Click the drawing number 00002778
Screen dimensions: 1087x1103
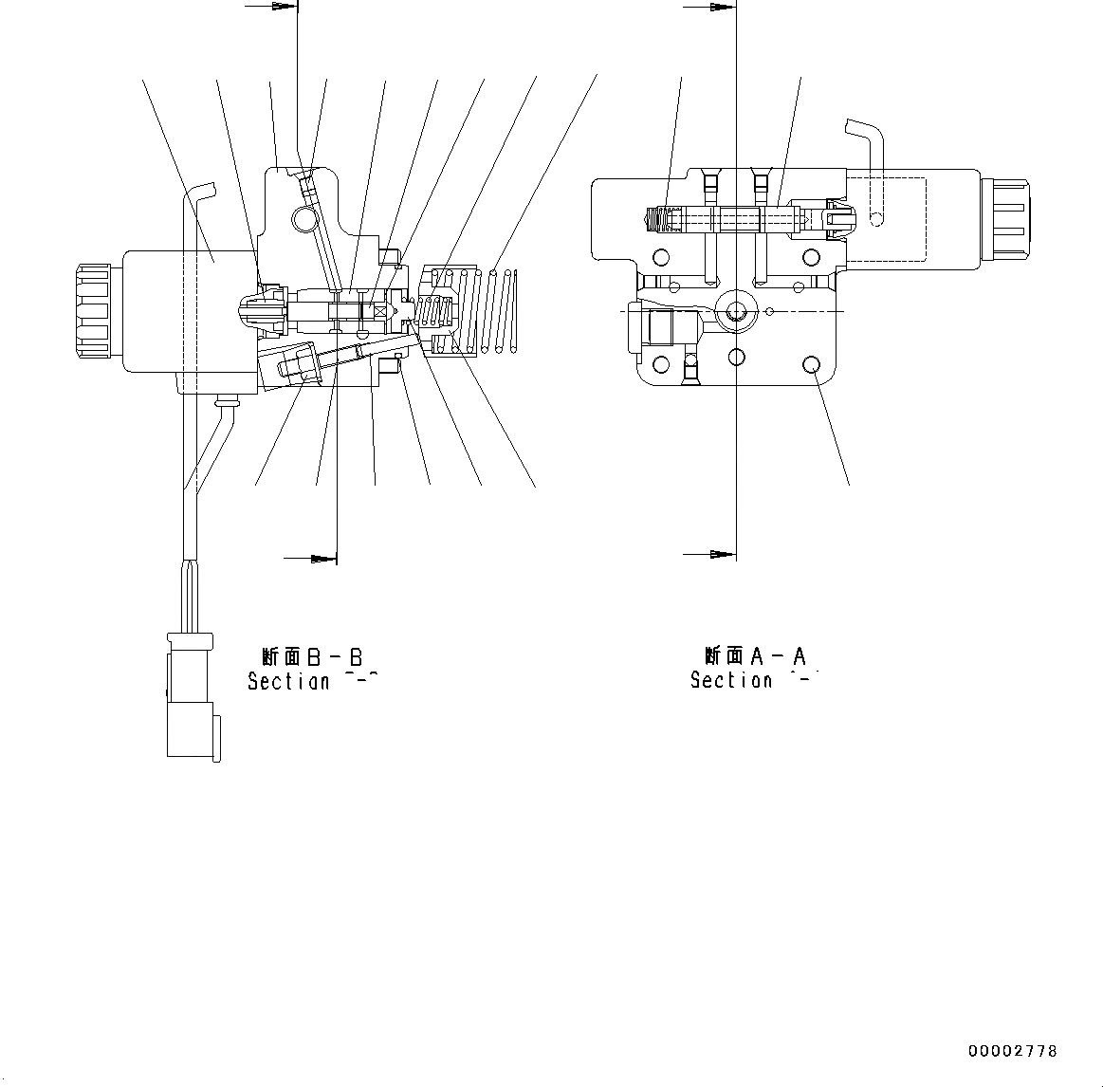[x=1012, y=1051]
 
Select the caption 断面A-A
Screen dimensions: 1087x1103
[x=755, y=656]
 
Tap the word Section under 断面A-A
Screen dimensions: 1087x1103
[x=731, y=680]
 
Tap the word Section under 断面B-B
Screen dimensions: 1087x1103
[x=288, y=681]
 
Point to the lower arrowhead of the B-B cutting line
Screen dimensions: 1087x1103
[x=323, y=558]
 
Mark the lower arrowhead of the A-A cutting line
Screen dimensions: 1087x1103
[x=722, y=553]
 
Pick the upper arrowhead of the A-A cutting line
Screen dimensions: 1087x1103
[x=722, y=8]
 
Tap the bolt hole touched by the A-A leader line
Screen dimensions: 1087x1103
[x=811, y=365]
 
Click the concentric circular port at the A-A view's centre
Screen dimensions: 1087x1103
[x=736, y=311]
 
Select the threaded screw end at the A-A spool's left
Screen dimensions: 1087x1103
[x=654, y=219]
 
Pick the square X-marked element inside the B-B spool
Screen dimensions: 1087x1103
[x=381, y=311]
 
